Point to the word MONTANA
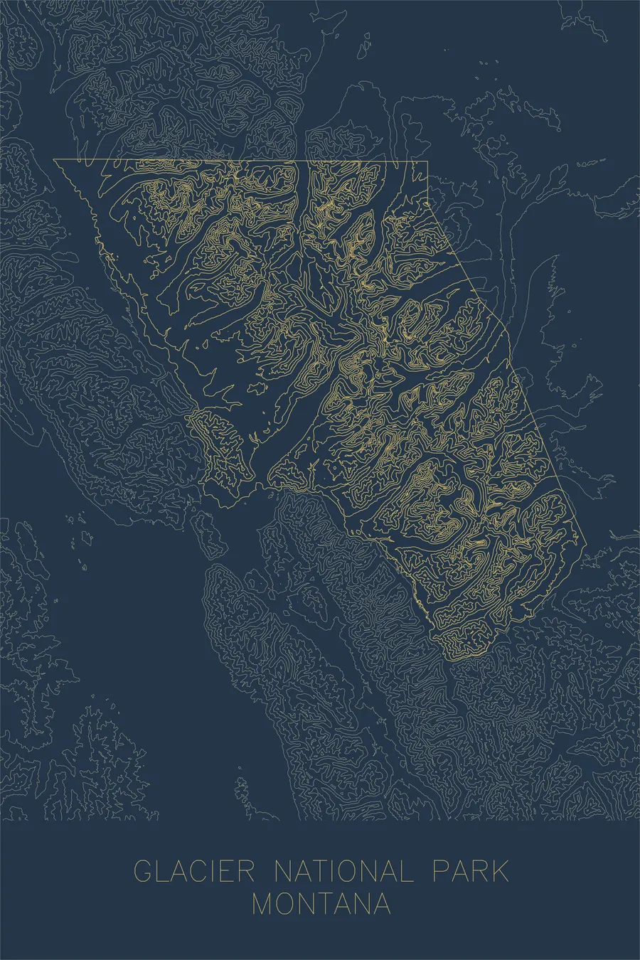321,904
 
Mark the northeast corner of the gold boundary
427,163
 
